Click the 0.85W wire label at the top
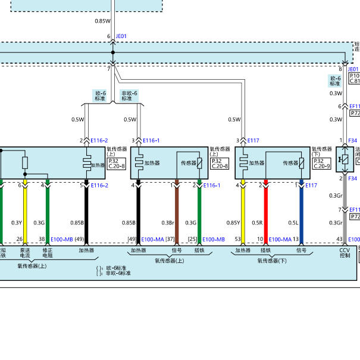(102, 21)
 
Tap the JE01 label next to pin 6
(121, 36)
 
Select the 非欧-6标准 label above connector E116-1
(129, 96)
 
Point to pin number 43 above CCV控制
(340, 239)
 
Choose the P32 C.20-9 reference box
(321, 164)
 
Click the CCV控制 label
(345, 253)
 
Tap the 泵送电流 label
(24, 253)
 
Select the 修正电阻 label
(48, 253)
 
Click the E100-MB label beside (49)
(62, 239)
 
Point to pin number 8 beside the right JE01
(341, 69)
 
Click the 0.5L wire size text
(293, 223)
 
